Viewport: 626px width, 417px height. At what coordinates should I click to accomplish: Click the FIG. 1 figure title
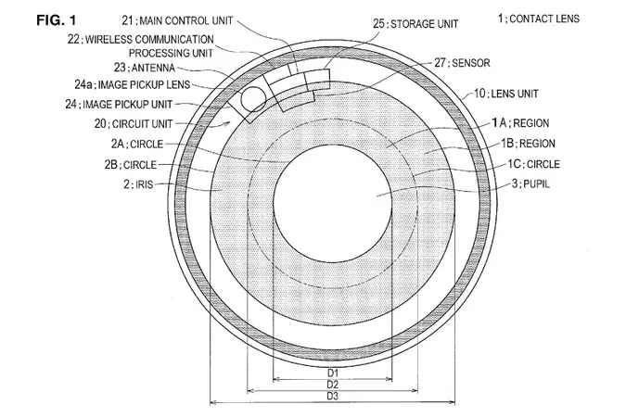(56, 19)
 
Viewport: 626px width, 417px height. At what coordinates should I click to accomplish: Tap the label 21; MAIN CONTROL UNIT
(177, 20)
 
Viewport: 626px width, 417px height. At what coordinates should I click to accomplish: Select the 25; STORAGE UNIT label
(415, 24)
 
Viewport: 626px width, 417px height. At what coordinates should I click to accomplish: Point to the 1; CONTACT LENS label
(538, 19)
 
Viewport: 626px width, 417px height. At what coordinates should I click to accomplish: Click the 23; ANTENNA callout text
(145, 68)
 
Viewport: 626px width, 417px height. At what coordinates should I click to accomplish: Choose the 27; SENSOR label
(462, 63)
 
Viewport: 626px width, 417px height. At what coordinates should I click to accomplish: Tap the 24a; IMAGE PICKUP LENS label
(132, 84)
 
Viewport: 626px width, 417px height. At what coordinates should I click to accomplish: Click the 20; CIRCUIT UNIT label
(134, 123)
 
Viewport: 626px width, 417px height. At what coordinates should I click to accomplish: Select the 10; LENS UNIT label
(505, 94)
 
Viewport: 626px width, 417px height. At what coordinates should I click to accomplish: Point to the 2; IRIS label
(138, 184)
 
